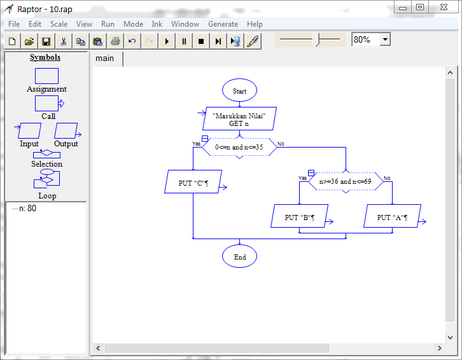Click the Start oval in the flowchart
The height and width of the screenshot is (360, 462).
point(239,91)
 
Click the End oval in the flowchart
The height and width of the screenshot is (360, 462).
point(239,257)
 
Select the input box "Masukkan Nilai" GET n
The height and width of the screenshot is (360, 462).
point(239,119)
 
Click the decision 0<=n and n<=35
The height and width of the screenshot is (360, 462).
point(239,147)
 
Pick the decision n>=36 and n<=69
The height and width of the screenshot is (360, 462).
point(345,181)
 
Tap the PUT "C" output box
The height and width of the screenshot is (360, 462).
point(193,183)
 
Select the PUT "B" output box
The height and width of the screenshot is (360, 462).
point(300,217)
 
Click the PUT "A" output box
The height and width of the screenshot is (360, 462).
point(392,217)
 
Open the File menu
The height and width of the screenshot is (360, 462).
point(14,24)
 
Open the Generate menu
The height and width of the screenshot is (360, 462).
point(223,24)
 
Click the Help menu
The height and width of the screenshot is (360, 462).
point(255,24)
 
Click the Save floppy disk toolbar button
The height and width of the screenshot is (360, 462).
point(46,41)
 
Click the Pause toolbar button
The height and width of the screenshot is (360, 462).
point(184,41)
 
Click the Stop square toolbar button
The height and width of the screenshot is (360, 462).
point(201,41)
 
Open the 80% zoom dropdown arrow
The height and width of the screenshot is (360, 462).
point(385,39)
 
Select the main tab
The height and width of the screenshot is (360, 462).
point(105,59)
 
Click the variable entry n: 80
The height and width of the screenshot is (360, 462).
point(27,208)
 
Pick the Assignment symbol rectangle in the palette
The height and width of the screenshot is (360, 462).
point(46,76)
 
